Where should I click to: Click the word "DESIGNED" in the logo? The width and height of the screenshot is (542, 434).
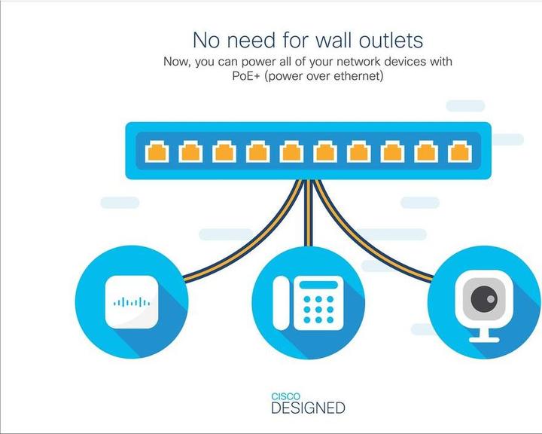(x=308, y=408)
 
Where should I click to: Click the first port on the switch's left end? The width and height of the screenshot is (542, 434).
(x=157, y=151)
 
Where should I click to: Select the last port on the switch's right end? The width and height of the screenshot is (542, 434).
(x=458, y=151)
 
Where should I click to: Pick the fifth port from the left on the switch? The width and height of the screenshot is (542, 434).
(x=291, y=151)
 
